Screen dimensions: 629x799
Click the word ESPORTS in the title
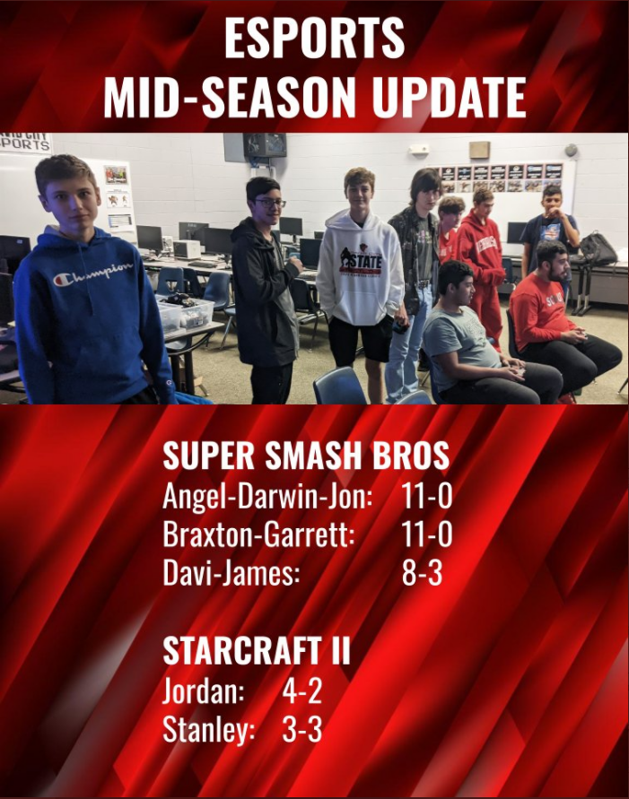(314, 39)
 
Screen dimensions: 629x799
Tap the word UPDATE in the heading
(449, 98)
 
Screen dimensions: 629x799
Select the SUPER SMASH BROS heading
(306, 455)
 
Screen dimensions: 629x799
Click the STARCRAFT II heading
(257, 650)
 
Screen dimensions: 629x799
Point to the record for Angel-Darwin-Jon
(426, 495)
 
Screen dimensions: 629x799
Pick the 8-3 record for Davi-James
(422, 573)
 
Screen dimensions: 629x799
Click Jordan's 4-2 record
(301, 691)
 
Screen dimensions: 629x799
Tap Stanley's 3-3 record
(301, 730)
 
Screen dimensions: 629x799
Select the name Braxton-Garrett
(258, 534)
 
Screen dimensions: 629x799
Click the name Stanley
(208, 731)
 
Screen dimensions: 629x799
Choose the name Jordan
(204, 691)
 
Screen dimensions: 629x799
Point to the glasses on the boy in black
(270, 203)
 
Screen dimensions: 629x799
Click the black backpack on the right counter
(598, 248)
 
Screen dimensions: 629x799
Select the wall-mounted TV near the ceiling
(265, 144)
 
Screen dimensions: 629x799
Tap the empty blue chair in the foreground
(340, 386)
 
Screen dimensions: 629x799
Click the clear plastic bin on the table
(186, 311)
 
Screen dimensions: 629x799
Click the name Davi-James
(231, 574)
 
